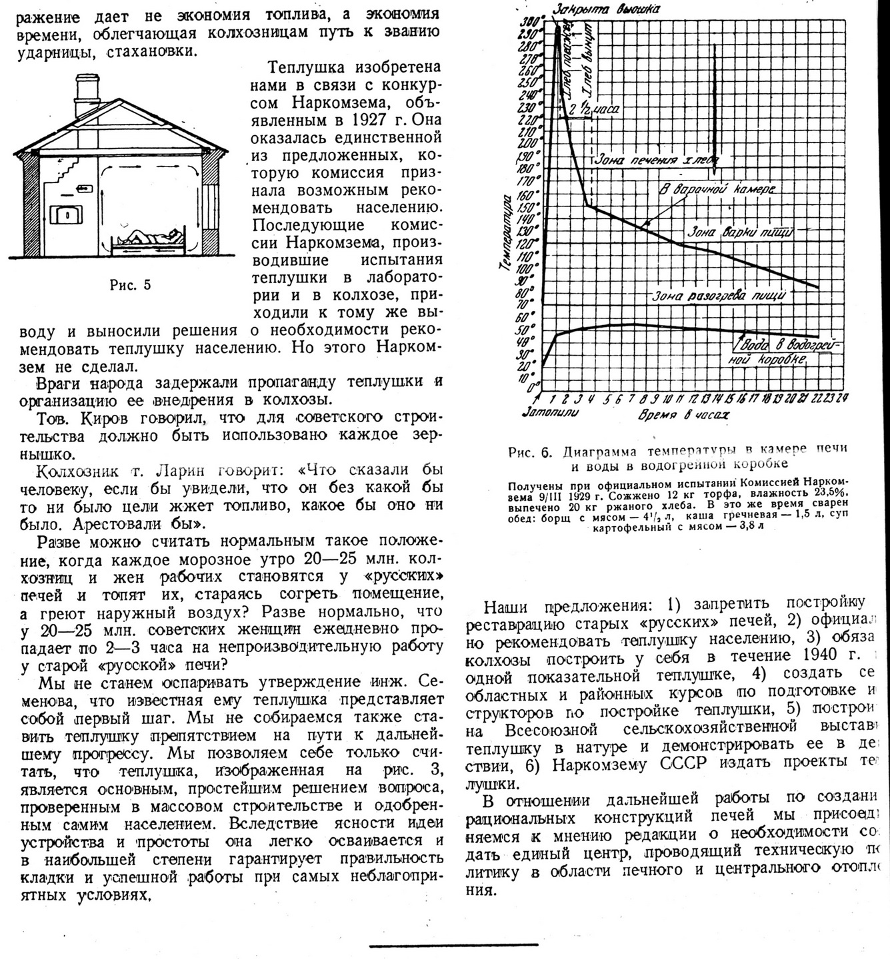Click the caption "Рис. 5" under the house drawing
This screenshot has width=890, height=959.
point(130,285)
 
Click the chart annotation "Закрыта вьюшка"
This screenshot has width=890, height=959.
point(606,9)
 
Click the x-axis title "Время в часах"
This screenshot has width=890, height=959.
point(683,414)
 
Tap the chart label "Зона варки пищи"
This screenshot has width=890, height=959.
point(739,232)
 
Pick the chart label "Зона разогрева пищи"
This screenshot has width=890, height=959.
point(719,294)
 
